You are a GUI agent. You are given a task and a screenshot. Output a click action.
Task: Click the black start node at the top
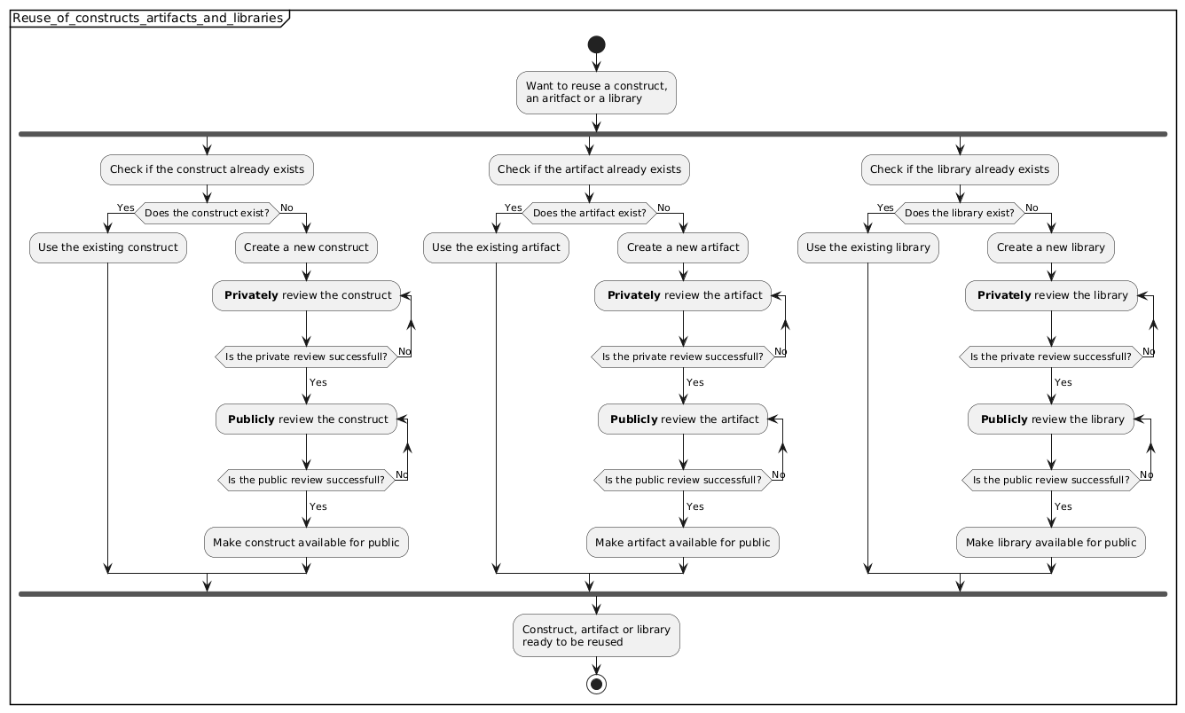(x=596, y=44)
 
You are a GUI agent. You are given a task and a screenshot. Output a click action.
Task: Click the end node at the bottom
(x=596, y=684)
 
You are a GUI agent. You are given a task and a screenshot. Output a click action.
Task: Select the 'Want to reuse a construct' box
(x=596, y=92)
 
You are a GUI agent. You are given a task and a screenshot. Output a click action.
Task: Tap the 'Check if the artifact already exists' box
(x=589, y=168)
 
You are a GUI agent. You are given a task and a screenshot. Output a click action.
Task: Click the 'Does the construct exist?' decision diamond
(x=206, y=213)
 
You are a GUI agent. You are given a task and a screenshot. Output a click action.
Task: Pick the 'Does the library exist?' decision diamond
(x=959, y=213)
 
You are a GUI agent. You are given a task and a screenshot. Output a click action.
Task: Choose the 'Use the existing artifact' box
(x=496, y=247)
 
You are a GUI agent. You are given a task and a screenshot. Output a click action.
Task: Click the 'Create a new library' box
(x=1050, y=247)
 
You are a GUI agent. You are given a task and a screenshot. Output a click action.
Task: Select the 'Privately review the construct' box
(x=306, y=295)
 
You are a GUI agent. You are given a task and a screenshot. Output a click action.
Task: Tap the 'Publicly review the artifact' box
(x=683, y=419)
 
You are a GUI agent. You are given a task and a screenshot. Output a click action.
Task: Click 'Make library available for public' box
(x=1050, y=542)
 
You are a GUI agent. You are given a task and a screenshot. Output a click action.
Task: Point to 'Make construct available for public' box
(x=306, y=542)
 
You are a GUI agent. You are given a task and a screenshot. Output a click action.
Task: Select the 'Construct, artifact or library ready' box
(x=596, y=635)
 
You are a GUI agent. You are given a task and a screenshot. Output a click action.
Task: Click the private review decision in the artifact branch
(x=683, y=357)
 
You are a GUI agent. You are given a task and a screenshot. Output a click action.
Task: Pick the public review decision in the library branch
(x=1050, y=481)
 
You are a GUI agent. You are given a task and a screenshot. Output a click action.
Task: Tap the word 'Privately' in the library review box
(x=1003, y=295)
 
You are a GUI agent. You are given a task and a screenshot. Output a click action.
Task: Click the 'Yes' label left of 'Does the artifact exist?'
(x=513, y=208)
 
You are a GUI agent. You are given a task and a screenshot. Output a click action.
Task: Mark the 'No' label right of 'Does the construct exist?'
(x=287, y=208)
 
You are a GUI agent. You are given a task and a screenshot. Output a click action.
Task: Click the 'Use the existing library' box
(x=868, y=247)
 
